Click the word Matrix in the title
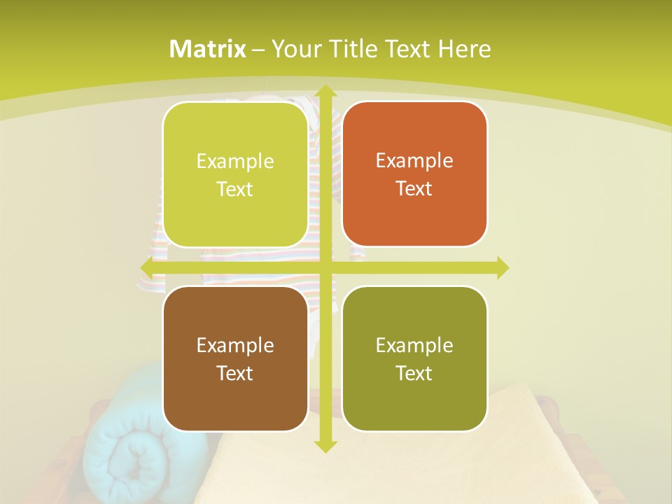[x=208, y=49]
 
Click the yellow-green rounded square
[x=235, y=175]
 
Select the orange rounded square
[x=414, y=174]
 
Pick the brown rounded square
[x=235, y=358]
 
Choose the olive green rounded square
[x=414, y=358]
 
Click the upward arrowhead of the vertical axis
[x=325, y=92]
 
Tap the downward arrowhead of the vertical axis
[x=325, y=446]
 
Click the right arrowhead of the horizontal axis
[x=502, y=267]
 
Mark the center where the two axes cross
[x=325, y=267]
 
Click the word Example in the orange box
[x=414, y=160]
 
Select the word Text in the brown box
[x=234, y=373]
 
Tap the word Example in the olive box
[x=414, y=345]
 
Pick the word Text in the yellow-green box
[x=234, y=190]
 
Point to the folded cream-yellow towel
[x=392, y=455]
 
